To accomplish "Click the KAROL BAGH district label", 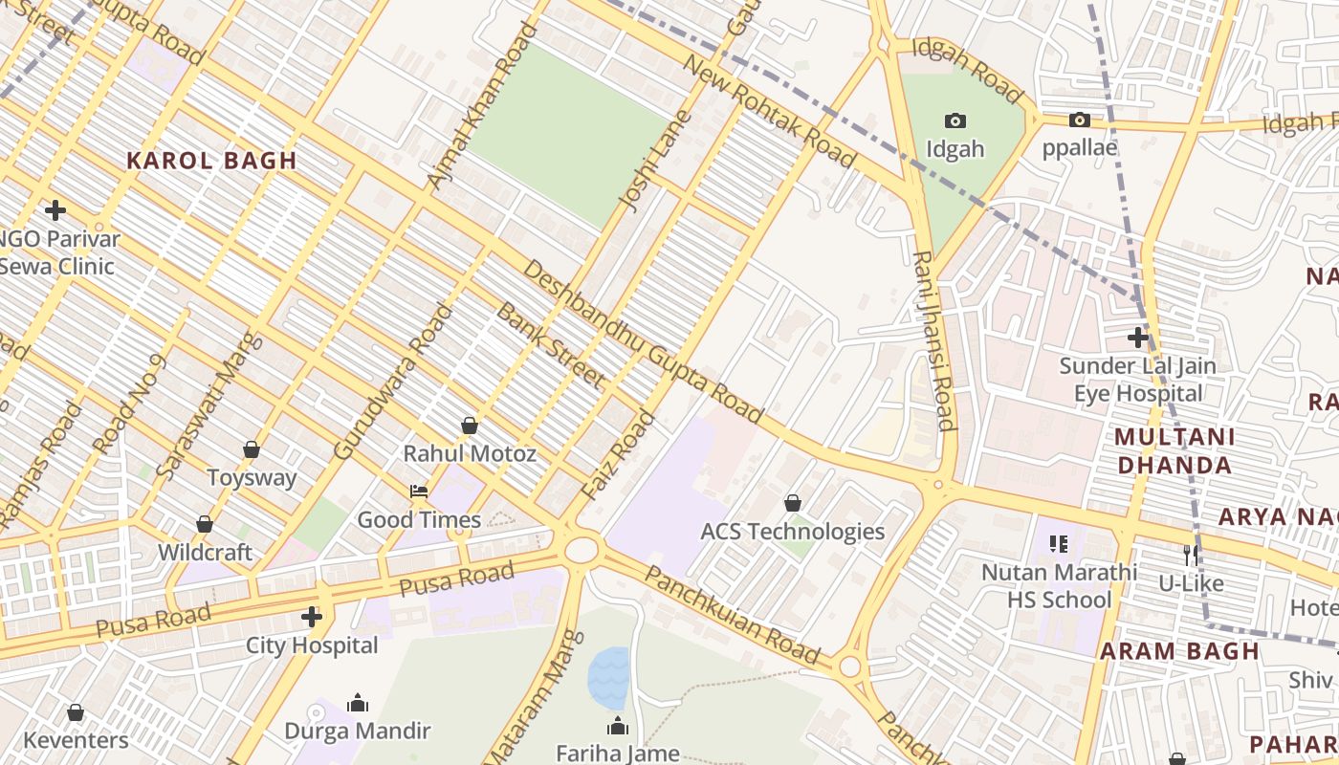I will tap(211, 161).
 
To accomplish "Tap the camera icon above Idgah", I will tap(955, 120).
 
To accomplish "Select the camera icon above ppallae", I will tap(1079, 120).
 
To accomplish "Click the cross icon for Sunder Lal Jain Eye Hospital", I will tap(1137, 337).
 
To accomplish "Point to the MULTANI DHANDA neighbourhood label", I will tap(1174, 451).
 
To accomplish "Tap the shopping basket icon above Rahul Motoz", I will tap(469, 425).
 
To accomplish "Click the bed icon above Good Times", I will tap(419, 492).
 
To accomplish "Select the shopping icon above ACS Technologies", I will tap(792, 502).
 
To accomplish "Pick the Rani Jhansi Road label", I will tap(933, 340).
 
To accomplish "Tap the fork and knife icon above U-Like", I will tap(1191, 555).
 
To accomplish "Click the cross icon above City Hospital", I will tap(311, 617).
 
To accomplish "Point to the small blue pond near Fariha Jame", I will tap(608, 677).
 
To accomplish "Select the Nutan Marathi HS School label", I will tap(1059, 585).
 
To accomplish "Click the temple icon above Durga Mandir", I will tap(358, 703).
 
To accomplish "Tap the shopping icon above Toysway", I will tap(251, 449).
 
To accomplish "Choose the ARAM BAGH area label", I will tap(1178, 651).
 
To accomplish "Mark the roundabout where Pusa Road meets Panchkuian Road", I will tap(581, 550).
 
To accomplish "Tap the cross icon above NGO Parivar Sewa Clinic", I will tap(55, 209).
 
